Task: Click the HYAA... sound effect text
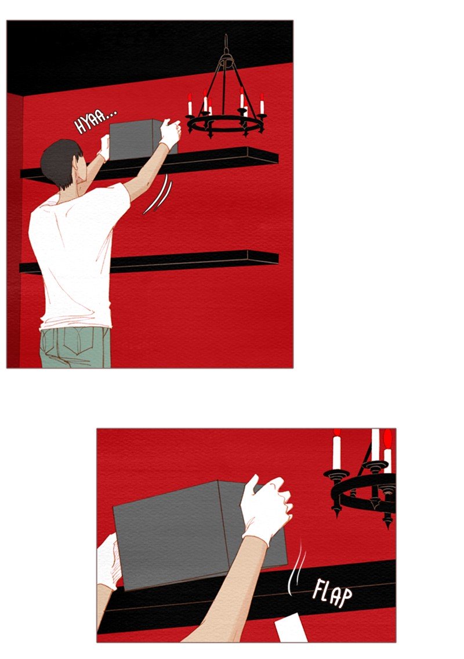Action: coord(95,121)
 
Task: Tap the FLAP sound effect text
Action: coord(332,593)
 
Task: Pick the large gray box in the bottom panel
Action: coord(198,534)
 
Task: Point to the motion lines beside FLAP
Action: coord(297,568)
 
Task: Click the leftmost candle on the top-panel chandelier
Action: coord(190,104)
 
